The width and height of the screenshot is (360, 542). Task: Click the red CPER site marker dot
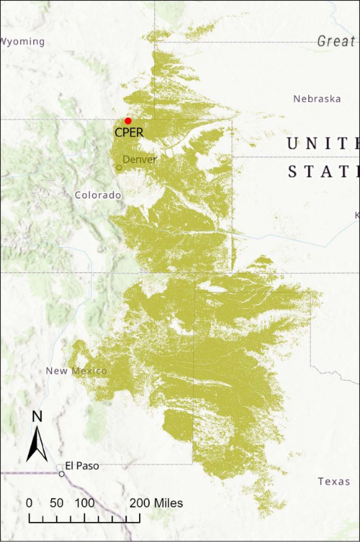coord(128,121)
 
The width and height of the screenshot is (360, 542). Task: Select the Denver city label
coord(140,159)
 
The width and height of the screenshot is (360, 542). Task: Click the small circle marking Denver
coord(119,167)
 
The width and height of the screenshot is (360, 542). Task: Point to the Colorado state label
coord(98,195)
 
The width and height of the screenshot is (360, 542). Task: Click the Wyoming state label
coord(23,41)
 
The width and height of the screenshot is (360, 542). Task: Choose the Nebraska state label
coord(317,99)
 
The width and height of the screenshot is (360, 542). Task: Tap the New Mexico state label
coord(76,370)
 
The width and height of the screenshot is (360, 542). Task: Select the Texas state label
coord(333,481)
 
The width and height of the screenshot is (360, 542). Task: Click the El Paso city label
coord(81,466)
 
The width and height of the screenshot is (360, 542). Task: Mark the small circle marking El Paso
coord(61,474)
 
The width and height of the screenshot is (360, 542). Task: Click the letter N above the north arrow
coord(37,417)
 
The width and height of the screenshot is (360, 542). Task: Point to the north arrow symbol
coord(37,443)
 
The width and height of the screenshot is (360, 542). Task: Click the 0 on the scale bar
coord(29,503)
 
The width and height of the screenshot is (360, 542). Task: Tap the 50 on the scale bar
coord(57,503)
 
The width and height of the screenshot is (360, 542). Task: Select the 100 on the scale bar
coord(85,503)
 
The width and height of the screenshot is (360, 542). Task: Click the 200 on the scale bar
coord(140,503)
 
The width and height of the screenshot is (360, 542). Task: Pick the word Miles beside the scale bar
coord(168,503)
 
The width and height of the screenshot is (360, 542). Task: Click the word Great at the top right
coord(336,41)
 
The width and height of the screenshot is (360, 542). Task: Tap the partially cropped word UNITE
coord(322,143)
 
